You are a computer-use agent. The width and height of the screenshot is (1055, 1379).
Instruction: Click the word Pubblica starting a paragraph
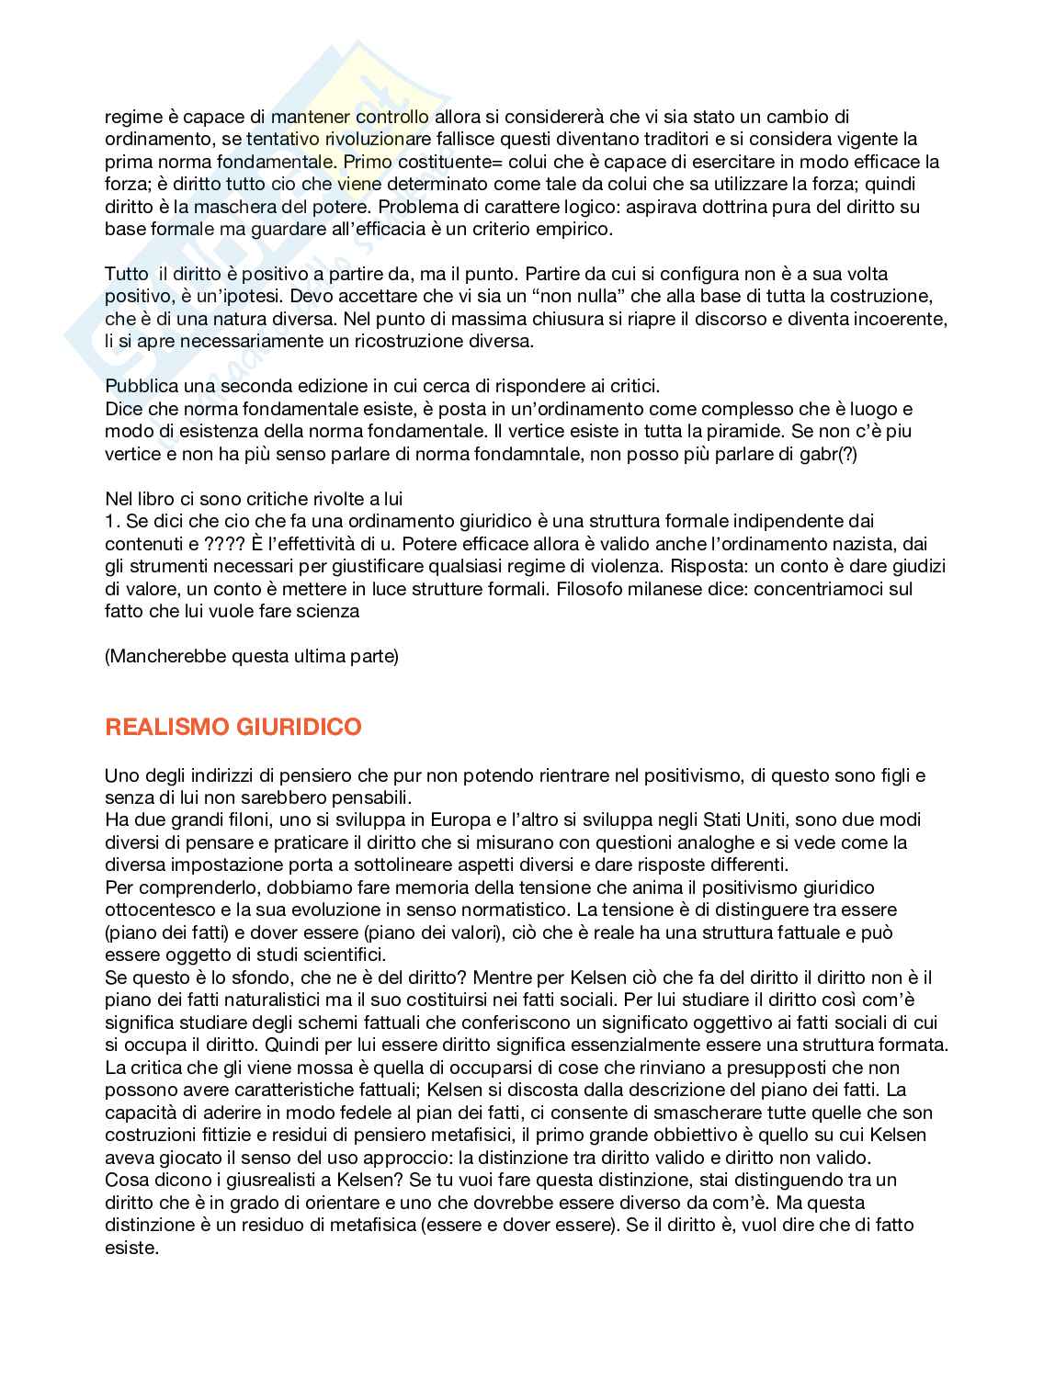142,386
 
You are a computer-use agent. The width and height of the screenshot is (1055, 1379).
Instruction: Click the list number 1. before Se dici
111,521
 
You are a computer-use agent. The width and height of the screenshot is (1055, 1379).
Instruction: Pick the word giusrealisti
237,1180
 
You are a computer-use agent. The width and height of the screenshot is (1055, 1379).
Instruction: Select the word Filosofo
588,588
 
